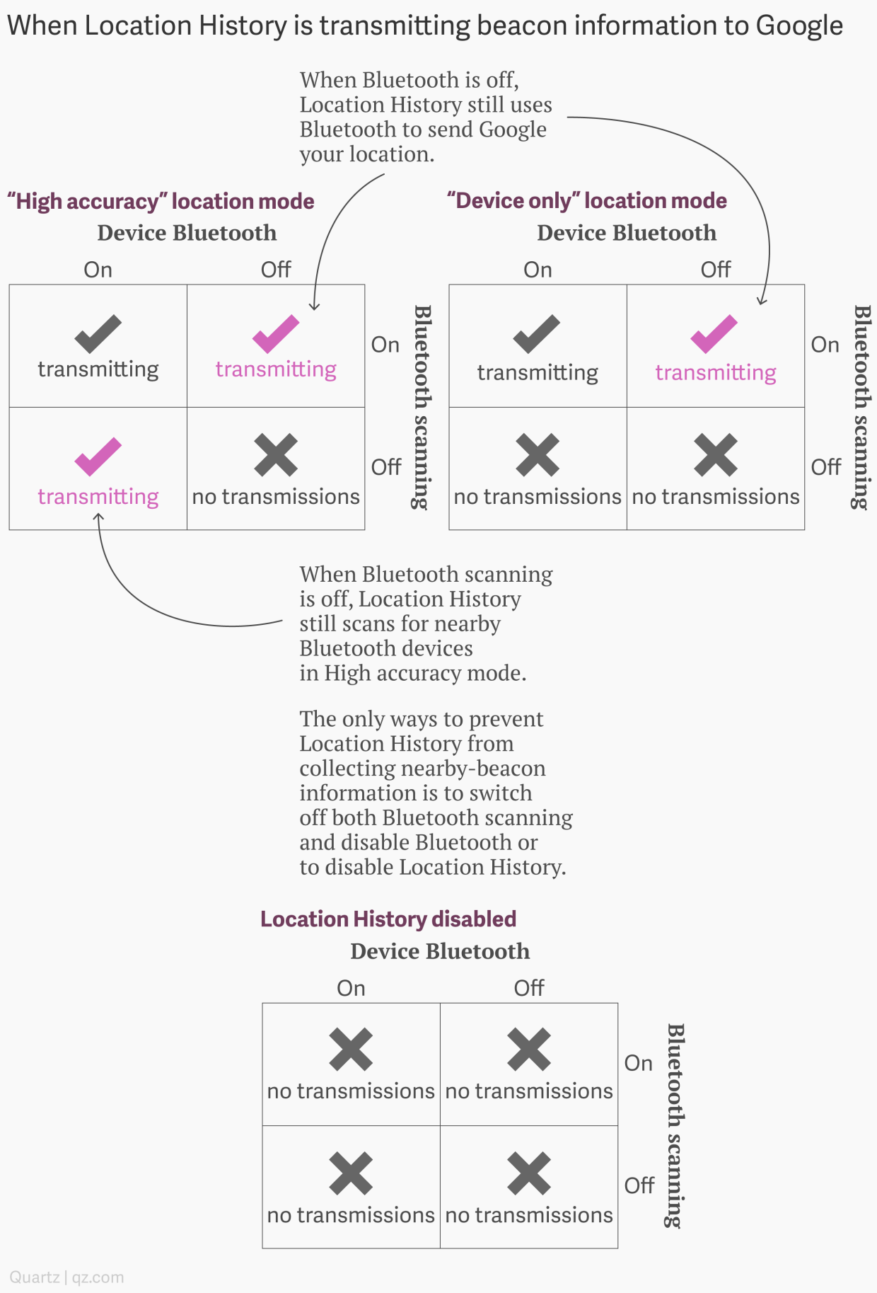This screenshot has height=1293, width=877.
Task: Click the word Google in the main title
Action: tap(798, 26)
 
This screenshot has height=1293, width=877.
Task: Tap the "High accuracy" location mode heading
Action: tap(161, 202)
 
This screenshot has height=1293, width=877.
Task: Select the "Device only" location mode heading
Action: tap(586, 201)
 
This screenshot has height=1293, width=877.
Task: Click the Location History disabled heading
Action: tap(388, 919)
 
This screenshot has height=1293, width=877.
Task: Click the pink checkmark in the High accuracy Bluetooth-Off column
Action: tap(276, 333)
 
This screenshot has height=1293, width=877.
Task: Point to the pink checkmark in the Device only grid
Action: tap(714, 334)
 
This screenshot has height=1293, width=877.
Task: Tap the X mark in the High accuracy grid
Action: tap(276, 455)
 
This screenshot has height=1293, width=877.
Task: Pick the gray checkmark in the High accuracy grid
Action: tap(98, 333)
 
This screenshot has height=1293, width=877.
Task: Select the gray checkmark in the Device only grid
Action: tap(537, 333)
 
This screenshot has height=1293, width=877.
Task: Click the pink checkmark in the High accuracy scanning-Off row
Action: tap(98, 456)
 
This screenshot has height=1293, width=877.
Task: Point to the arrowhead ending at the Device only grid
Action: tap(762, 302)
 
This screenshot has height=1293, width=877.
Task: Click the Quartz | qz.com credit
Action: tap(66, 1277)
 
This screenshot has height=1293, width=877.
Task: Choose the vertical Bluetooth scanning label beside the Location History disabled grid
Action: tap(675, 1125)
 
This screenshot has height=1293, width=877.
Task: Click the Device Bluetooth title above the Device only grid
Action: tap(627, 233)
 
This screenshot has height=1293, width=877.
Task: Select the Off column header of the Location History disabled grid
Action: tap(529, 988)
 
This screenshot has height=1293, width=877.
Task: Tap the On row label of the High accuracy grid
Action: tap(385, 345)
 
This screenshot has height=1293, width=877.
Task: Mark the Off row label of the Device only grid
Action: tap(826, 467)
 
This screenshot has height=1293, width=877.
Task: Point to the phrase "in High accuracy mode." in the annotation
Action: tap(412, 673)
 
